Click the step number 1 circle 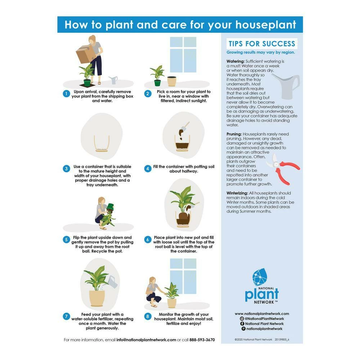[x=66, y=94]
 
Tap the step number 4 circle [x=148, y=168]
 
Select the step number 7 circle [x=66, y=316]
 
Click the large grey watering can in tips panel [x=286, y=86]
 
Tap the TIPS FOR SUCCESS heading [x=262, y=44]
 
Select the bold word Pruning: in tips [x=234, y=134]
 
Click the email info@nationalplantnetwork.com [x=146, y=339]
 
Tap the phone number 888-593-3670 [x=202, y=339]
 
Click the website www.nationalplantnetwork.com [x=262, y=314]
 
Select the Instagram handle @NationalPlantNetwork [x=265, y=319]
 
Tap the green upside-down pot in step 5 [x=110, y=207]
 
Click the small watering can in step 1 [x=113, y=80]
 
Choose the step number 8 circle [x=148, y=316]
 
